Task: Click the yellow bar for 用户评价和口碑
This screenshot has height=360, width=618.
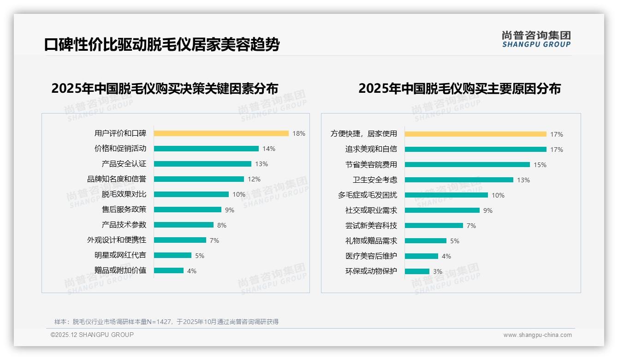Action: (x=221, y=133)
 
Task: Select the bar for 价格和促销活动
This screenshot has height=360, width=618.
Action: (x=206, y=149)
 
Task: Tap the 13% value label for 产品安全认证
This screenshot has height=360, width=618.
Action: (x=261, y=164)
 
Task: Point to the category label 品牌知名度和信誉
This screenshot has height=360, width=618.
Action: (x=117, y=179)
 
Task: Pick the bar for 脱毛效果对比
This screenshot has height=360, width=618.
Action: (x=191, y=194)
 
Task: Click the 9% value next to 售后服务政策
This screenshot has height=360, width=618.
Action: (x=230, y=210)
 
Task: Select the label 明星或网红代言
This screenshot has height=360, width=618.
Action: (x=120, y=255)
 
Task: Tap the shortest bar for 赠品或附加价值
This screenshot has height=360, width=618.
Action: (x=169, y=270)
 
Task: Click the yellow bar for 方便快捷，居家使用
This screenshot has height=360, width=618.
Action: (x=475, y=134)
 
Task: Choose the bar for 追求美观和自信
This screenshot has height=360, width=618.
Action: (x=475, y=150)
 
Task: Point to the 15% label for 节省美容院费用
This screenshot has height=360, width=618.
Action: (x=540, y=165)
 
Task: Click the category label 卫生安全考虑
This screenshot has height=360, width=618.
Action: (x=375, y=180)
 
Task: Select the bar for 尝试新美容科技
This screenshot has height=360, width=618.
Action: (x=434, y=226)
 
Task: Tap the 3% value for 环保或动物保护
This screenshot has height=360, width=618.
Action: (x=438, y=271)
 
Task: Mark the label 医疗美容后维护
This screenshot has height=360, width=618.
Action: (x=371, y=256)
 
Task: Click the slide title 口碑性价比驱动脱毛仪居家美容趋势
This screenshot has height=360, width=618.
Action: (x=162, y=45)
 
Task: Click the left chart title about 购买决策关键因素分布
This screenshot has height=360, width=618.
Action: (x=165, y=89)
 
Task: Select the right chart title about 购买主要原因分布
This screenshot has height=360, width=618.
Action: (x=459, y=89)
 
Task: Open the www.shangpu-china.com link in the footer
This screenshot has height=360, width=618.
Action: (x=537, y=335)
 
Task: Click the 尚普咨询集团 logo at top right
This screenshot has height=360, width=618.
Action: (x=536, y=39)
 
